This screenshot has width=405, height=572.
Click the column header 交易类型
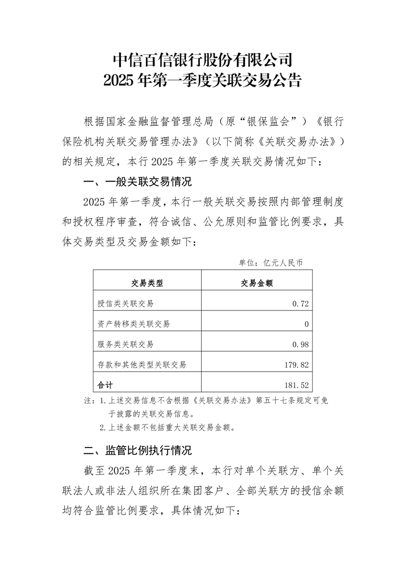point(147,283)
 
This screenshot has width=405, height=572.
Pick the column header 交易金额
point(257,283)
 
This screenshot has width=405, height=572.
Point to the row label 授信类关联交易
point(125,303)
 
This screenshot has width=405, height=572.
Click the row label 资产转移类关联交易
point(133,324)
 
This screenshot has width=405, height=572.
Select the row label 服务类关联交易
point(125,344)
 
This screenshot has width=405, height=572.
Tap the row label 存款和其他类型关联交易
point(141,365)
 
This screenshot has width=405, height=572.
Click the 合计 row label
point(105,385)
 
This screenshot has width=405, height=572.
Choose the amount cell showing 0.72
point(301,303)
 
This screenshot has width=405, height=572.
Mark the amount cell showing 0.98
point(301,344)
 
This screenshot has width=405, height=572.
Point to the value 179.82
point(297,365)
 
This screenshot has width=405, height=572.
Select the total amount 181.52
point(297,385)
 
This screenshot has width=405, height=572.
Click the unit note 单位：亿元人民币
point(271,263)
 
